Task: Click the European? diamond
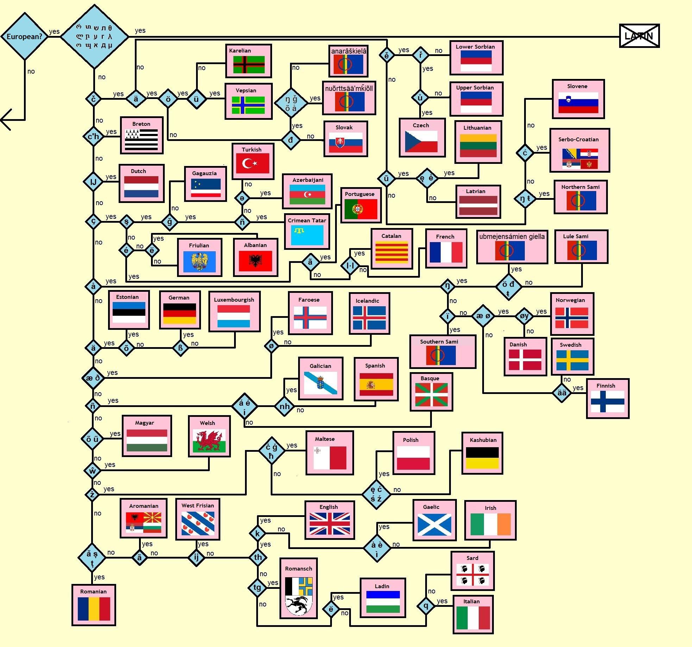[24, 36]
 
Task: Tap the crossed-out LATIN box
[639, 36]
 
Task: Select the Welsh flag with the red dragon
[209, 440]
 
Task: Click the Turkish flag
[252, 163]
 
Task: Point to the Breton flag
[141, 139]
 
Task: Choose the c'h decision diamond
[93, 136]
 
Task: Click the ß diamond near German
[181, 348]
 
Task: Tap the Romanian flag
[94, 609]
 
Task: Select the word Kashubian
[483, 440]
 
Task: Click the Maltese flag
[330, 458]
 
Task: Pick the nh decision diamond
[284, 406]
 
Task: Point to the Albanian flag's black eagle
[255, 261]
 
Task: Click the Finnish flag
[607, 401]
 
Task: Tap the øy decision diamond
[524, 316]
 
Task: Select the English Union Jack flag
[329, 523]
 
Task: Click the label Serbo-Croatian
[578, 139]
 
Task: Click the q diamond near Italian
[426, 606]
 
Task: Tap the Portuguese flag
[360, 209]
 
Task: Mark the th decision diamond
[258, 557]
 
